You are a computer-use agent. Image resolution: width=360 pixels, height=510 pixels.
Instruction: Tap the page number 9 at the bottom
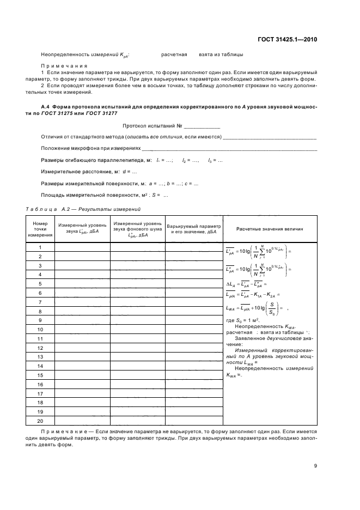315,465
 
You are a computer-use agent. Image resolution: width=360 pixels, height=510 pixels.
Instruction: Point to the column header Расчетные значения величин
270,230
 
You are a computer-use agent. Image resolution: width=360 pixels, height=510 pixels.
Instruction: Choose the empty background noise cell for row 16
138,384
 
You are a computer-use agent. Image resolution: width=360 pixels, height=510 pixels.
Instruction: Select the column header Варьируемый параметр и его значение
194,229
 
